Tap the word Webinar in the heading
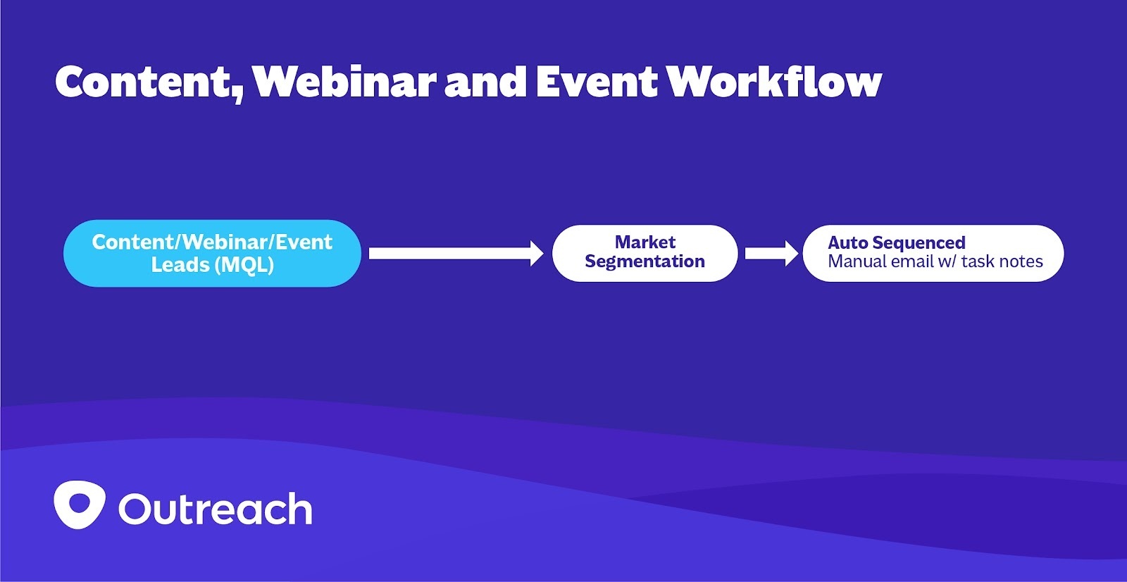344,82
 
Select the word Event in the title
596,82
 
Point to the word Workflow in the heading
773,82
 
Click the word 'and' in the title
485,82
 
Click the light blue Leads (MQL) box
212,254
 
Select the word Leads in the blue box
180,265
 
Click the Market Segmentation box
645,253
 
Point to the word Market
645,242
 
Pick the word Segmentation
645,261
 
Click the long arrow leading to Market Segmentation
455,253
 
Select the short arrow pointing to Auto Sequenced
771,253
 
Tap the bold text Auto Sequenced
896,243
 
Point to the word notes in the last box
1021,262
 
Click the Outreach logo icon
80,504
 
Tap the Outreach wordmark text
215,509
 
